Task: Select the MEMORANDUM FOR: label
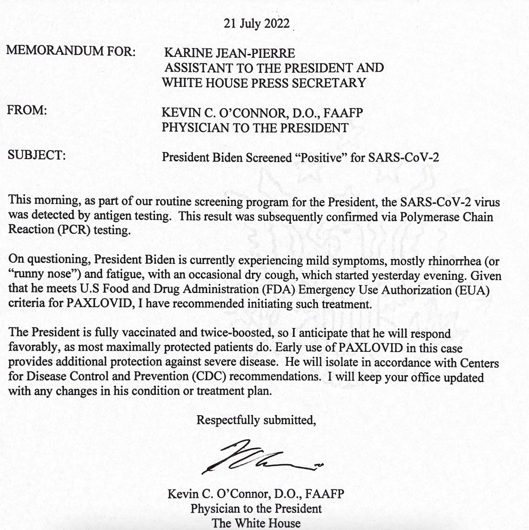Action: pos(71,51)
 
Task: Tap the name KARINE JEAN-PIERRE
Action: pos(229,53)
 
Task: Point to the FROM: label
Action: pos(27,110)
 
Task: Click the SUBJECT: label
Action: pos(36,155)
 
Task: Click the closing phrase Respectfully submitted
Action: pos(256,420)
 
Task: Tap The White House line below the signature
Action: pos(256,523)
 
